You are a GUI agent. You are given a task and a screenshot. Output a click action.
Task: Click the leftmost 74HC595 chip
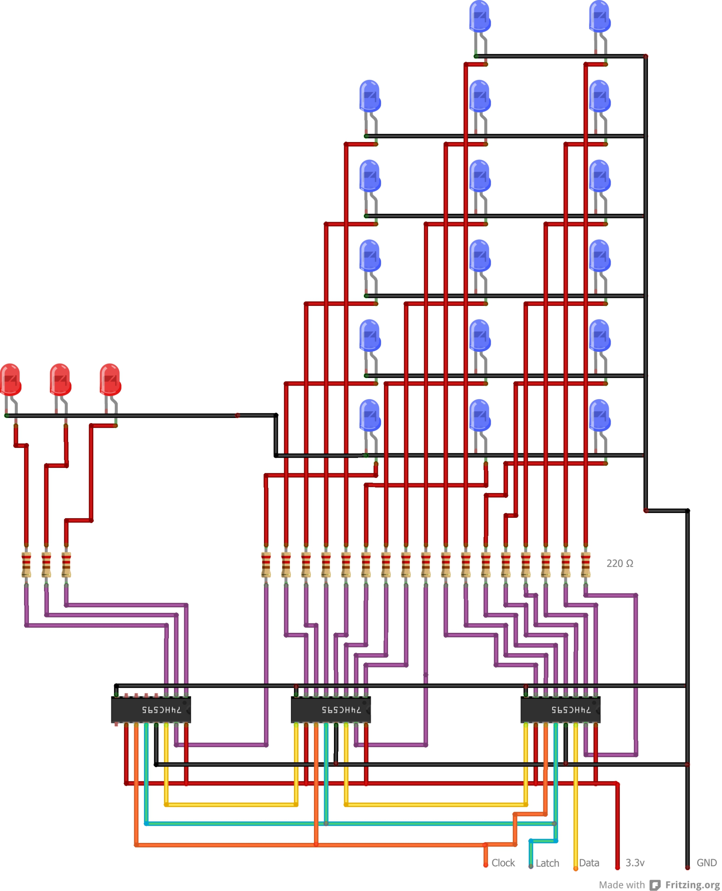point(151,710)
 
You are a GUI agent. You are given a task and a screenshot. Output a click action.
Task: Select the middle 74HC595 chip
point(331,710)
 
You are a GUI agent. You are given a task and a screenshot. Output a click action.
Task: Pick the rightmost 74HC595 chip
point(560,710)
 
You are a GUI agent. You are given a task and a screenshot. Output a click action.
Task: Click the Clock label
point(503,863)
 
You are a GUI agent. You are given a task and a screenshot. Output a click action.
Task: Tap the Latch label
point(547,863)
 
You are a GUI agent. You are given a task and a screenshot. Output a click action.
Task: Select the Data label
point(589,863)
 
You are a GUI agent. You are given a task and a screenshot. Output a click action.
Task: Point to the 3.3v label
point(635,863)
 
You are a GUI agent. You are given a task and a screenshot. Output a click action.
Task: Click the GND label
point(706,863)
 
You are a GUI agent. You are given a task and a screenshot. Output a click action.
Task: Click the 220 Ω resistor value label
point(620,564)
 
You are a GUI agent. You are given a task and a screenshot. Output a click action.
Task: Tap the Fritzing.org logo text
point(692,885)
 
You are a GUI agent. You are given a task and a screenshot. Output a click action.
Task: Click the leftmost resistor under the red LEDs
point(26,564)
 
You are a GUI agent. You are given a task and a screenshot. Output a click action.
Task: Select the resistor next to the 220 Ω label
point(585,564)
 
